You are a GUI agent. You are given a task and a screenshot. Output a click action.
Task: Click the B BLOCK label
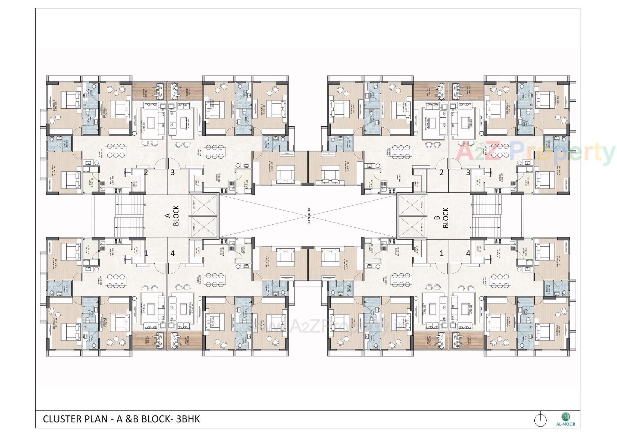pyautogui.click(x=442, y=218)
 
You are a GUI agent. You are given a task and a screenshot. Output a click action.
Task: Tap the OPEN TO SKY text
pyautogui.click(x=309, y=216)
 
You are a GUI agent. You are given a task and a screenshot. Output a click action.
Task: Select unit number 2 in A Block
pyautogui.click(x=146, y=173)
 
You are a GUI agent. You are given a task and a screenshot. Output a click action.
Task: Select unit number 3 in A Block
pyautogui.click(x=173, y=173)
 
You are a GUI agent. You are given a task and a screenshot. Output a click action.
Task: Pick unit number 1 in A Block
pyautogui.click(x=146, y=253)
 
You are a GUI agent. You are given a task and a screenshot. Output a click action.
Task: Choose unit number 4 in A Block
pyautogui.click(x=173, y=253)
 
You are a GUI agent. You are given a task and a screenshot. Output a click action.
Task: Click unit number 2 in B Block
pyautogui.click(x=441, y=173)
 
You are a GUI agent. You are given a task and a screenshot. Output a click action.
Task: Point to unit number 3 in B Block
pyautogui.click(x=468, y=173)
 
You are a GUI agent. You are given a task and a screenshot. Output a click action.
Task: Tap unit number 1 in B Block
pyautogui.click(x=441, y=253)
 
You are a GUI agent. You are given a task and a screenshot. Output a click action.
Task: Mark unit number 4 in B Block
pyautogui.click(x=468, y=253)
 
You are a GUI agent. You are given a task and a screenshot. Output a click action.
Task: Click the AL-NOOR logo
pyautogui.click(x=566, y=419)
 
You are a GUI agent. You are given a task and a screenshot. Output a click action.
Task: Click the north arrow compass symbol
pyautogui.click(x=541, y=419)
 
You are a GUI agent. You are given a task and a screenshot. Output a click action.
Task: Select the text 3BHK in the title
pyautogui.click(x=188, y=419)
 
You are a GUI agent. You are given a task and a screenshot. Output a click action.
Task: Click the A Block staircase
pyautogui.click(x=129, y=216)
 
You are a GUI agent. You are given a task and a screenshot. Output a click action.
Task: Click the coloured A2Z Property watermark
pyautogui.click(x=533, y=154)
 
